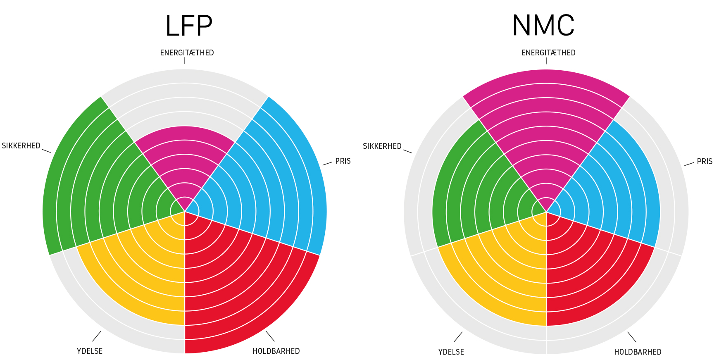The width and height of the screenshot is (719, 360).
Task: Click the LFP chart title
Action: (x=188, y=26)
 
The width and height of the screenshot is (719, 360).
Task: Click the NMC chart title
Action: (x=543, y=26)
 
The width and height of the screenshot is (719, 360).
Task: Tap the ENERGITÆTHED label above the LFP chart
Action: (x=187, y=53)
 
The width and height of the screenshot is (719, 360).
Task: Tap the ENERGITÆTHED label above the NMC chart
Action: (x=548, y=53)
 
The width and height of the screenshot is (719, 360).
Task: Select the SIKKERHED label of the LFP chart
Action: (x=21, y=146)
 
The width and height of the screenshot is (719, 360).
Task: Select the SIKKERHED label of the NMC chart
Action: (x=382, y=146)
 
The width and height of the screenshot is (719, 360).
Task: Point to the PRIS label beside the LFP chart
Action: (x=343, y=161)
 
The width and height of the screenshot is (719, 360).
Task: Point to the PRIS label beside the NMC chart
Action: (x=705, y=162)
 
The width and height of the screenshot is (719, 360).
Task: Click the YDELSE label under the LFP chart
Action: (x=90, y=351)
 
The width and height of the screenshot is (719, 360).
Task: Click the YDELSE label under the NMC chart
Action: (x=451, y=352)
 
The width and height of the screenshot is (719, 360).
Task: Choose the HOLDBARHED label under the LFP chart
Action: (x=276, y=351)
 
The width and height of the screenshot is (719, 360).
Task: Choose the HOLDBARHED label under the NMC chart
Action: (x=638, y=352)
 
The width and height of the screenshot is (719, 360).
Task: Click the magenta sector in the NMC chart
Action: (x=546, y=136)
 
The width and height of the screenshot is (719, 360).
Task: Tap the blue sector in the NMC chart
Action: (x=612, y=186)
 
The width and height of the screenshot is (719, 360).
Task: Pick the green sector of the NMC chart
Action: (x=479, y=190)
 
